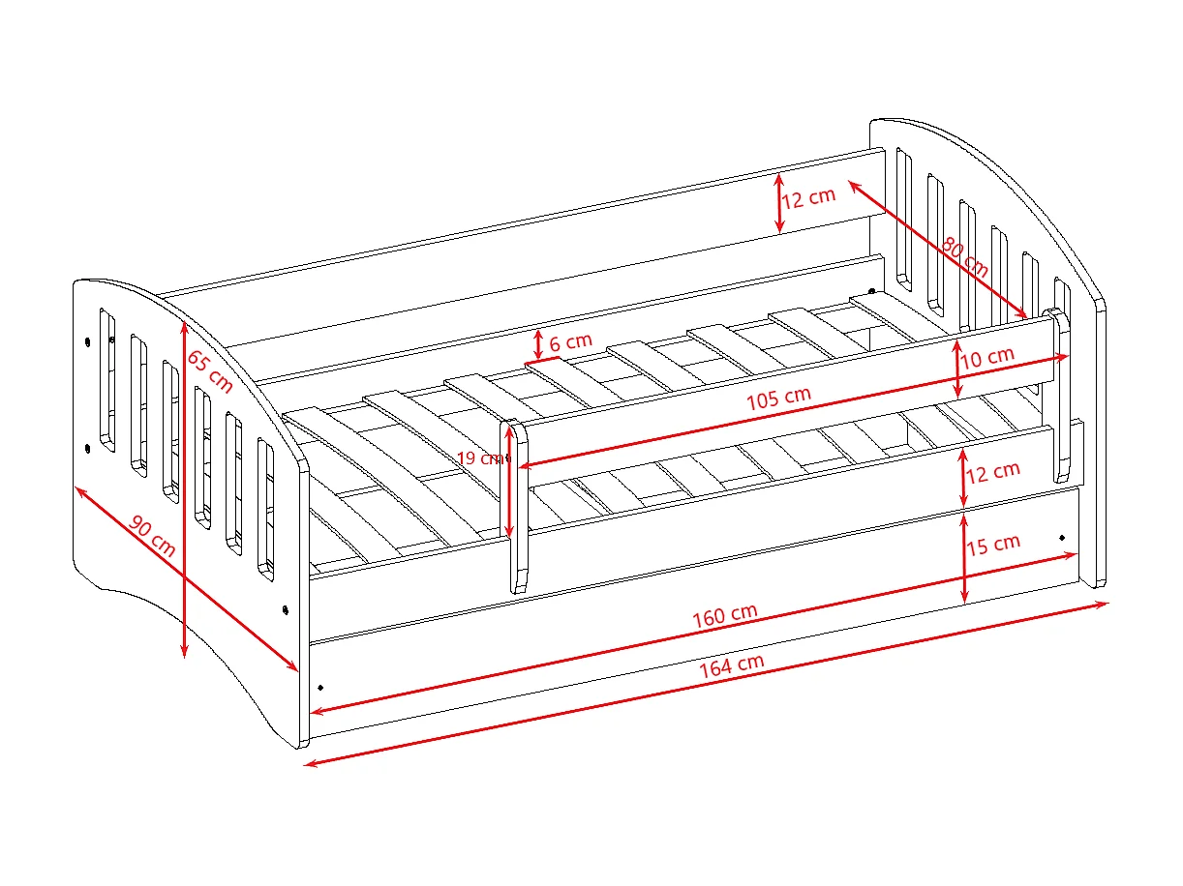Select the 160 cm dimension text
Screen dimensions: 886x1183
coord(724,616)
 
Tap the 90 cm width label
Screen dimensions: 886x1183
coord(152,538)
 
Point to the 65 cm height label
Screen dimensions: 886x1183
coord(209,370)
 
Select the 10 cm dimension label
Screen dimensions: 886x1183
coord(988,356)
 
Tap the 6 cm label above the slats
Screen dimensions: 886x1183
coord(570,341)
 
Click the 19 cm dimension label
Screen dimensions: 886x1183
coord(479,458)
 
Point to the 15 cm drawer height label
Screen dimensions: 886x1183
coord(993,544)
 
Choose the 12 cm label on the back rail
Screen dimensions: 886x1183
coord(808,197)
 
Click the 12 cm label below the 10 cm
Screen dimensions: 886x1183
coord(993,471)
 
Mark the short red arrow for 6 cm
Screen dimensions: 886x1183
coord(538,343)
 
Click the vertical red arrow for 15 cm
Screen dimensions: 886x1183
coord(964,556)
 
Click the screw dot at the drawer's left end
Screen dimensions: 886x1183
coord(320,687)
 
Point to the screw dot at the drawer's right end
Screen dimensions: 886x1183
coord(1062,537)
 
